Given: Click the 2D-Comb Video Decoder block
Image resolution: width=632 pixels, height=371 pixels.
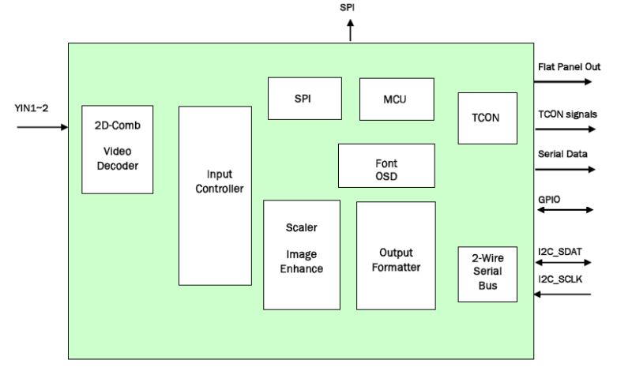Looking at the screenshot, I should [118, 149].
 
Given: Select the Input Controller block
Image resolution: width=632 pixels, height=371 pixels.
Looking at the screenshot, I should [215, 195].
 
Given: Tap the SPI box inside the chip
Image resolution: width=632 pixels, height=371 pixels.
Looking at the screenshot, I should [305, 99].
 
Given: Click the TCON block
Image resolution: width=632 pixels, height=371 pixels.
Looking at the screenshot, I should [487, 118].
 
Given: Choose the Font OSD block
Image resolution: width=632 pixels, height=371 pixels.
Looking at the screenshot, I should [386, 166].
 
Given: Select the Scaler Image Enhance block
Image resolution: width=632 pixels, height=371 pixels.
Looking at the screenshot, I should [301, 254].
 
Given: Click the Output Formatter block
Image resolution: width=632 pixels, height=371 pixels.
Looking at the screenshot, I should [396, 254].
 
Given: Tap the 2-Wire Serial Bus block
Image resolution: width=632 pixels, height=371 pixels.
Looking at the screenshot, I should [487, 273].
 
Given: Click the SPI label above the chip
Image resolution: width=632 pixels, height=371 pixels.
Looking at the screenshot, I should [348, 8].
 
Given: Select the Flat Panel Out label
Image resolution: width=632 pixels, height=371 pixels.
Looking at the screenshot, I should [569, 67].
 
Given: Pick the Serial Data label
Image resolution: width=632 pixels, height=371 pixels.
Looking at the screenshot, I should [561, 156].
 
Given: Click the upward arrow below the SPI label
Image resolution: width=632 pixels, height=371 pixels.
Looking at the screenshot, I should [350, 32].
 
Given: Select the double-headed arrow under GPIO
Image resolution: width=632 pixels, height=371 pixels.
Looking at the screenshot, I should [564, 210].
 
